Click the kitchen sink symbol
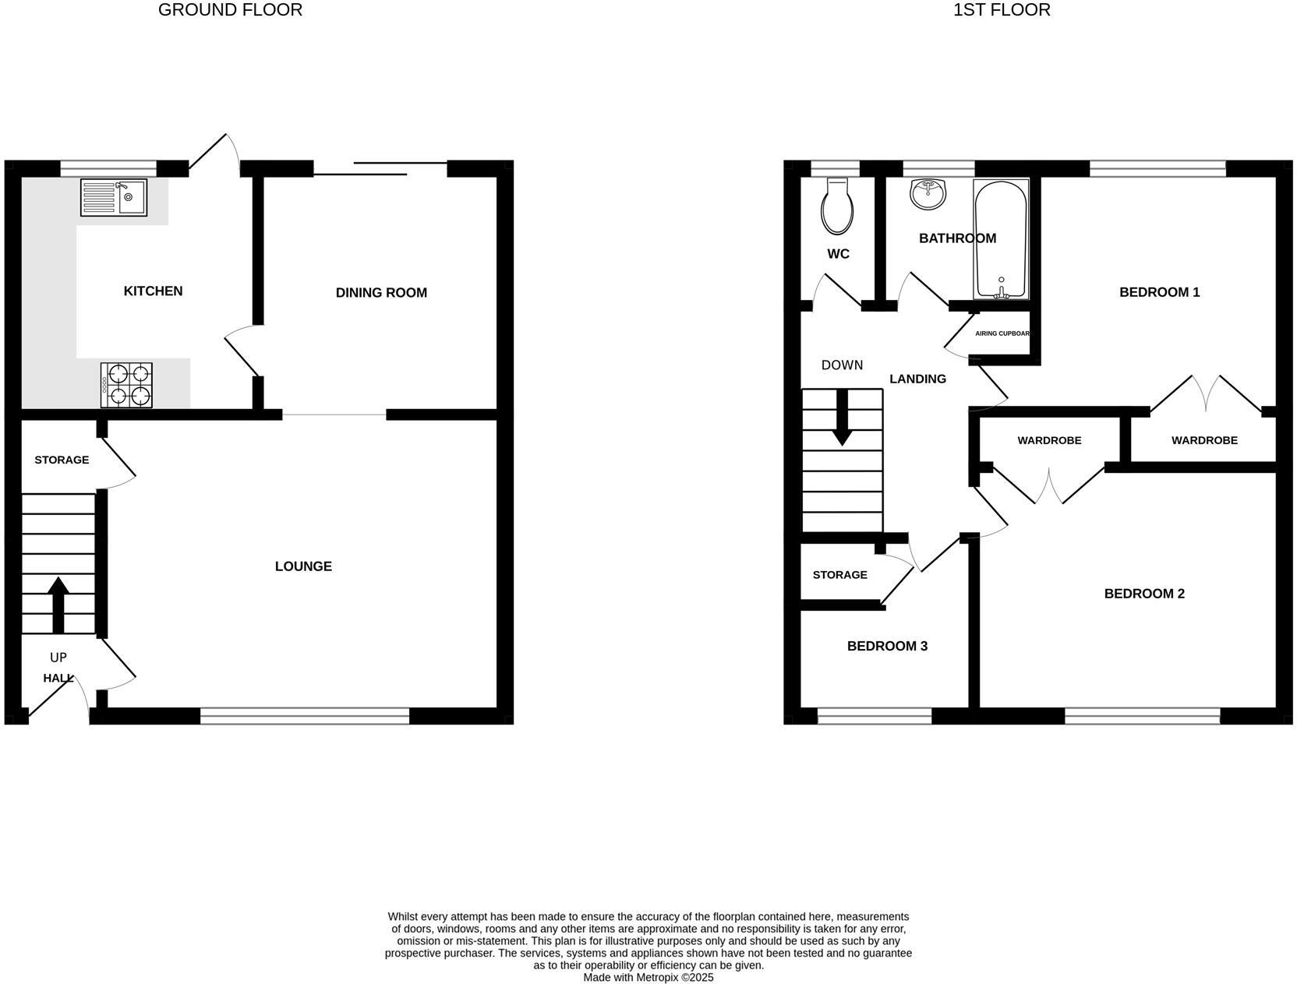[x=113, y=197]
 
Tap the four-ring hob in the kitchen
[x=126, y=385]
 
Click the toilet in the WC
[x=837, y=207]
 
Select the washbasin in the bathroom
[x=928, y=194]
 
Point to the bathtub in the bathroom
[x=1001, y=239]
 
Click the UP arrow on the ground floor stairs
[x=58, y=604]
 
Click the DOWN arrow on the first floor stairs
[x=842, y=417]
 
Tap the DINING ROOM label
[x=381, y=293]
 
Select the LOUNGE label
[x=303, y=566]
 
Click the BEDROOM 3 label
[x=887, y=646]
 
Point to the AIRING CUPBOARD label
[x=1002, y=333]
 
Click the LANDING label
[x=917, y=379]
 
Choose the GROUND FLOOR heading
[x=230, y=10]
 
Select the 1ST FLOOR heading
[x=1002, y=10]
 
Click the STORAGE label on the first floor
[x=839, y=575]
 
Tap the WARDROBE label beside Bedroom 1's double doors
[x=1203, y=440]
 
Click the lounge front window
[x=305, y=715]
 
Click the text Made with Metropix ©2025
[x=648, y=977]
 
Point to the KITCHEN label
[x=153, y=291]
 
